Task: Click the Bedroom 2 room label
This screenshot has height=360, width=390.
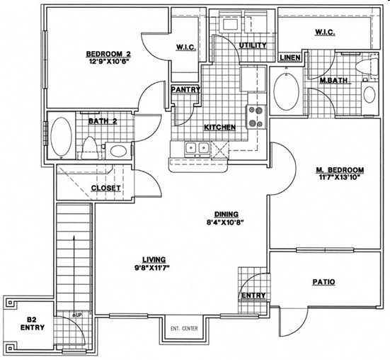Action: (x=108, y=54)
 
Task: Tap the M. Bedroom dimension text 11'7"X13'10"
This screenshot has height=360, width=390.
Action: (x=340, y=178)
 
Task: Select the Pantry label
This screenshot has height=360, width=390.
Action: (x=185, y=89)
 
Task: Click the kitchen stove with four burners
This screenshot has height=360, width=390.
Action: (x=256, y=117)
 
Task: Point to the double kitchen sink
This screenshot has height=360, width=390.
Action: (x=197, y=148)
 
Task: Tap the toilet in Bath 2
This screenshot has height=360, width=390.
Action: (x=90, y=148)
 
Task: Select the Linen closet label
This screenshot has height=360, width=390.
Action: (x=289, y=57)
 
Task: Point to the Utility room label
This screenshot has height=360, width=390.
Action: (x=253, y=45)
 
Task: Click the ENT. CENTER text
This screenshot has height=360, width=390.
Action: (x=184, y=328)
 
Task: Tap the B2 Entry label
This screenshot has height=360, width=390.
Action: (x=33, y=323)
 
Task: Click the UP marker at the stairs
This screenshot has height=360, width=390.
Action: (x=79, y=315)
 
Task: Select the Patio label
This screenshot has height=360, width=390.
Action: (x=323, y=282)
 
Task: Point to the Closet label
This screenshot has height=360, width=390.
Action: (x=106, y=189)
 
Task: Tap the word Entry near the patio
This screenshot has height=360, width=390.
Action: (x=253, y=296)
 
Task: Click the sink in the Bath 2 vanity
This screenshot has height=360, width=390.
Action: (x=118, y=151)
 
